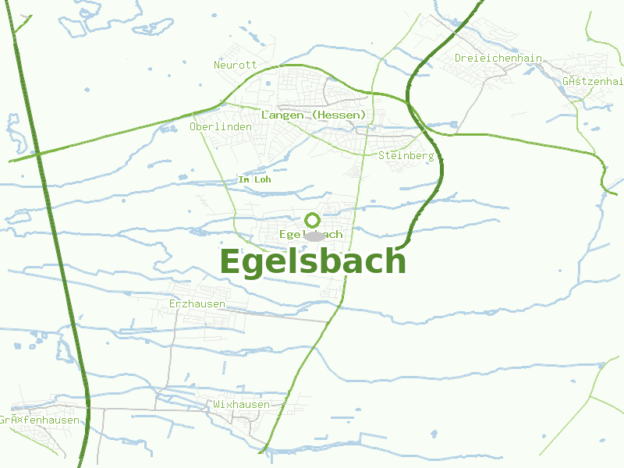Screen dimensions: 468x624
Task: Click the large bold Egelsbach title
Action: pyautogui.click(x=313, y=262)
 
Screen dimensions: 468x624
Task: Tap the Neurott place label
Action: pyautogui.click(x=235, y=65)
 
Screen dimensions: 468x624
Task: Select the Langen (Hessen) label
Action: pyautogui.click(x=314, y=115)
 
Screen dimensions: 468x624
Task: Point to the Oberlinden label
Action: pyautogui.click(x=221, y=126)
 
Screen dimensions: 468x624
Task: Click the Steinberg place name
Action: pyautogui.click(x=406, y=156)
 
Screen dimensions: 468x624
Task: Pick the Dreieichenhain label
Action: pyautogui.click(x=498, y=58)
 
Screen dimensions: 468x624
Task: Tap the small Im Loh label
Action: pyautogui.click(x=254, y=180)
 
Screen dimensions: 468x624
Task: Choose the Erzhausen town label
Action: pyautogui.click(x=197, y=303)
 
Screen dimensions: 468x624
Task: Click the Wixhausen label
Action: pyautogui.click(x=241, y=405)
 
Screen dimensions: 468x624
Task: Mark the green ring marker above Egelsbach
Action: pyautogui.click(x=312, y=220)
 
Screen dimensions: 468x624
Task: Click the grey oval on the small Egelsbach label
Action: pyautogui.click(x=314, y=236)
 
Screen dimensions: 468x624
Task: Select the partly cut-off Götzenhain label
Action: pyautogui.click(x=593, y=81)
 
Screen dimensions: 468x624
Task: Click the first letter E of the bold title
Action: pyautogui.click(x=230, y=262)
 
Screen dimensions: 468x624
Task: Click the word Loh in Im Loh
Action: pyautogui.click(x=262, y=180)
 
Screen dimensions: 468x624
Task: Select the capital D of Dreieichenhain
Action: pyautogui.click(x=459, y=58)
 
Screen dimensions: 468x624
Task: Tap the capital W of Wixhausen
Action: pyautogui.click(x=217, y=405)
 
